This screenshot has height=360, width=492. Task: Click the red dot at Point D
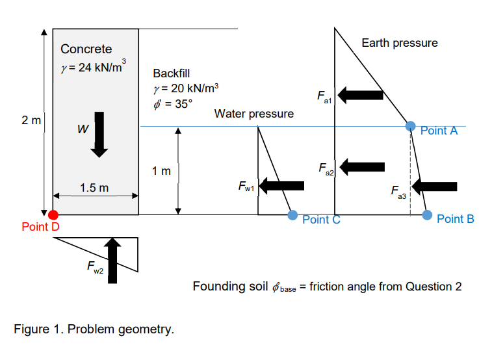pyautogui.click(x=53, y=215)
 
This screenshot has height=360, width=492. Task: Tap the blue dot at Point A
pyautogui.click(x=410, y=126)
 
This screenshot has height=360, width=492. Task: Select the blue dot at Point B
pyautogui.click(x=427, y=214)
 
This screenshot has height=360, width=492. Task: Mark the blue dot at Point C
pyautogui.click(x=293, y=214)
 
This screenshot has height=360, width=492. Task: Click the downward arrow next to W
pyautogui.click(x=99, y=134)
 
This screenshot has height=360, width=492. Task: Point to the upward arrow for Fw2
pyautogui.click(x=114, y=260)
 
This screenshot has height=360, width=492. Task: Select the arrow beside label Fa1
pyautogui.click(x=360, y=96)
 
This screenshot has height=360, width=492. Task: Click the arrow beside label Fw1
pyautogui.click(x=283, y=186)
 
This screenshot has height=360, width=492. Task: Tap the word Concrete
pyautogui.click(x=86, y=49)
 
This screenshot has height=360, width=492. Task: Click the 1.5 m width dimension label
pyautogui.click(x=94, y=188)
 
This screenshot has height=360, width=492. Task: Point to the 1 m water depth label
pyautogui.click(x=162, y=172)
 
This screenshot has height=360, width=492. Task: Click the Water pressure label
pyautogui.click(x=253, y=114)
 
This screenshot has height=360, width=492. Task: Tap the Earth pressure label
pyautogui.click(x=399, y=43)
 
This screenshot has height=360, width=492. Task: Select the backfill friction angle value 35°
pyautogui.click(x=179, y=102)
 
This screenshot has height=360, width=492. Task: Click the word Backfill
pyautogui.click(x=172, y=73)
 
